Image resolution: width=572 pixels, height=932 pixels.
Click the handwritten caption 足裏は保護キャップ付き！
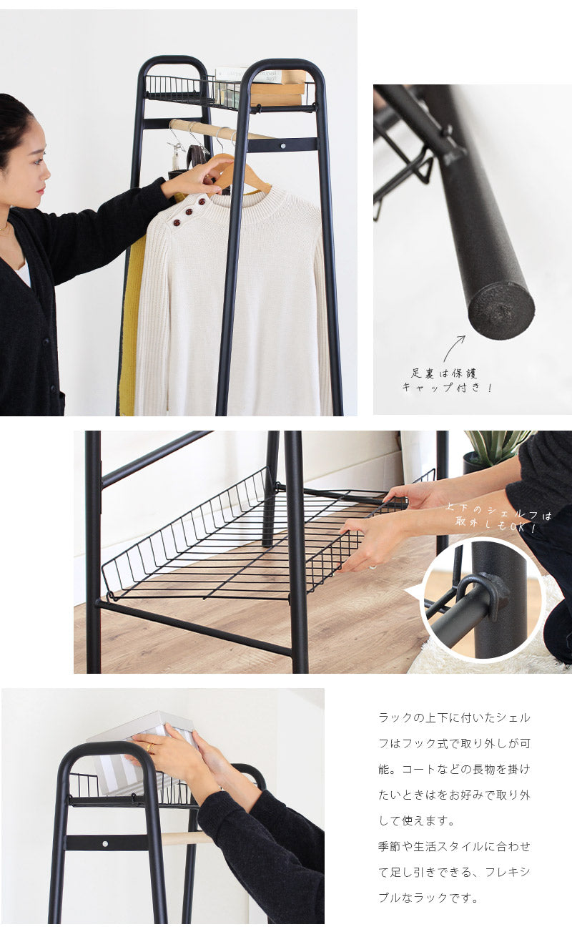tap(447, 381)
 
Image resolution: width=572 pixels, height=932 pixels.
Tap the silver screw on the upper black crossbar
tap(283, 146)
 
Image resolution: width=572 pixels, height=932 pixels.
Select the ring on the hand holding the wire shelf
tap(373, 567)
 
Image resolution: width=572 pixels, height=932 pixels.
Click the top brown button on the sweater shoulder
tap(202, 202)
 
